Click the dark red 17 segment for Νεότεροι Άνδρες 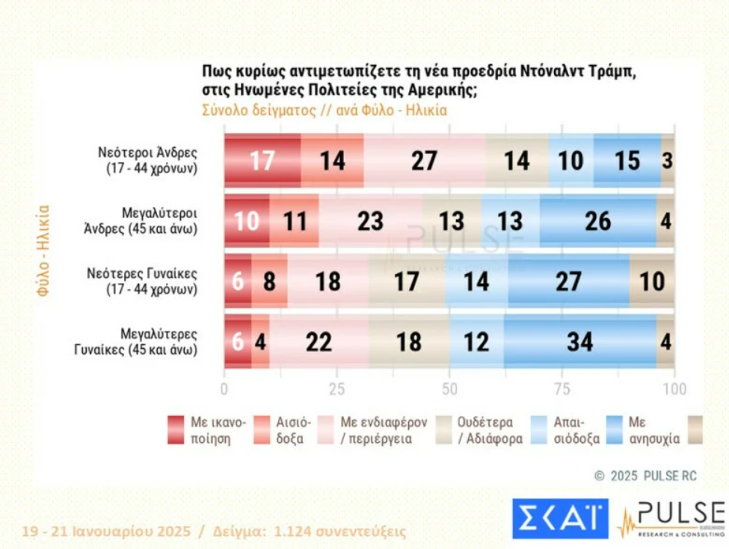[262, 161]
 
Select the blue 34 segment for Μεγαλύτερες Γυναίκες [579, 341]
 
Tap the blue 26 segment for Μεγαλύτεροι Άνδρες [597, 221]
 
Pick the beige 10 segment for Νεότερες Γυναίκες [651, 281]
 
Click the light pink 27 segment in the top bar [425, 161]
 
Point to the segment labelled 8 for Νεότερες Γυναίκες [269, 281]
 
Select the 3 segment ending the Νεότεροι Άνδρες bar [667, 161]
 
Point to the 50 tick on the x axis [450, 389]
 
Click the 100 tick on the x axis [674, 389]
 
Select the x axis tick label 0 [224, 389]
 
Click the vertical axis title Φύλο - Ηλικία [43, 251]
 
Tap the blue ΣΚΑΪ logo [560, 518]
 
